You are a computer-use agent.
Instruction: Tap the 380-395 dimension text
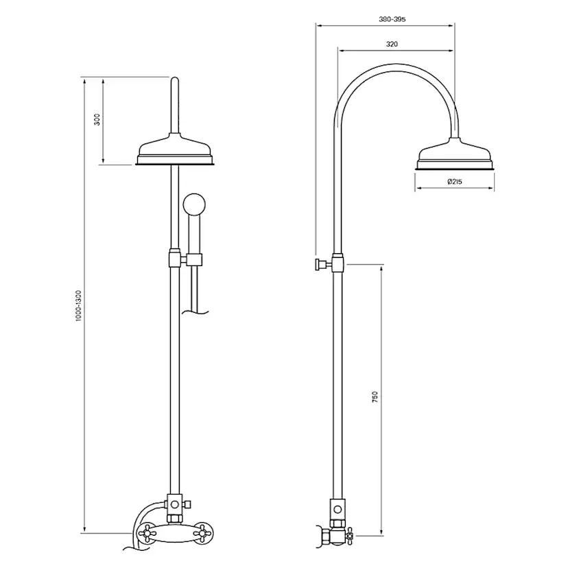pos(392,19)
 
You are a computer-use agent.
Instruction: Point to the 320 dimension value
pos(392,43)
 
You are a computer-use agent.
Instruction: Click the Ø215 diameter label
pos(453,182)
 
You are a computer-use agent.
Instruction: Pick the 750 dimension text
pos(375,398)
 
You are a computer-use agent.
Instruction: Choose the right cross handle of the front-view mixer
pos(201,530)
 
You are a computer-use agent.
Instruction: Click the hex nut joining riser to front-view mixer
pos(174,505)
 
